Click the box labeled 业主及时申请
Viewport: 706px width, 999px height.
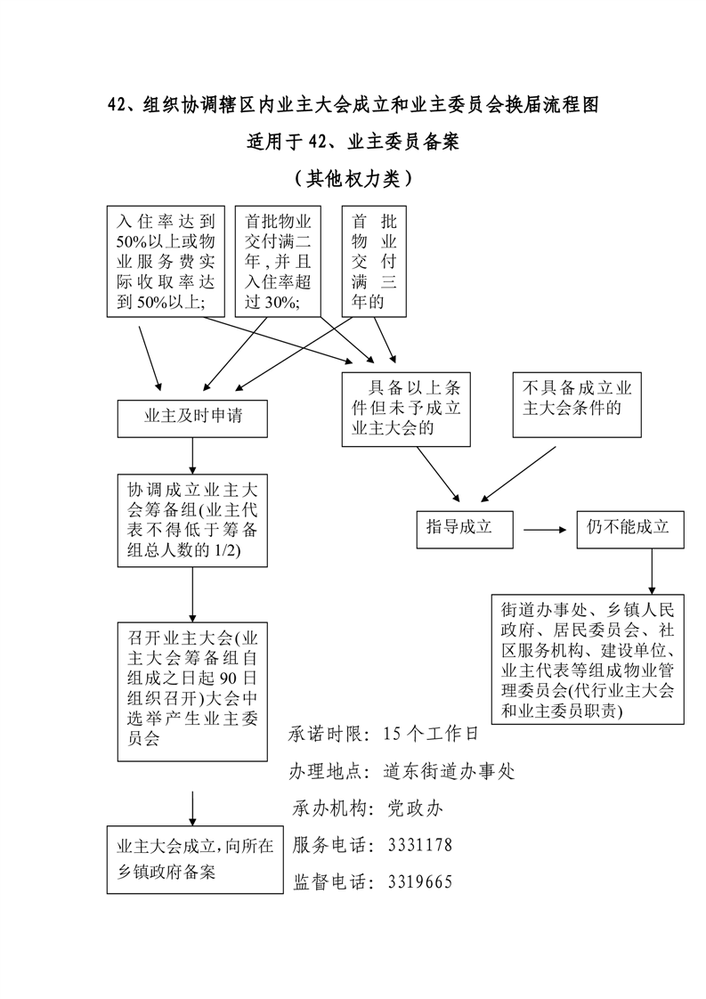tap(193, 417)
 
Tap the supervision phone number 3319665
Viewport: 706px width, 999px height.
tap(420, 882)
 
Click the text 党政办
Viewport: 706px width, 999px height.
tap(414, 808)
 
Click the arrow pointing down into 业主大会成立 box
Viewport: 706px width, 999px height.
tap(193, 807)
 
